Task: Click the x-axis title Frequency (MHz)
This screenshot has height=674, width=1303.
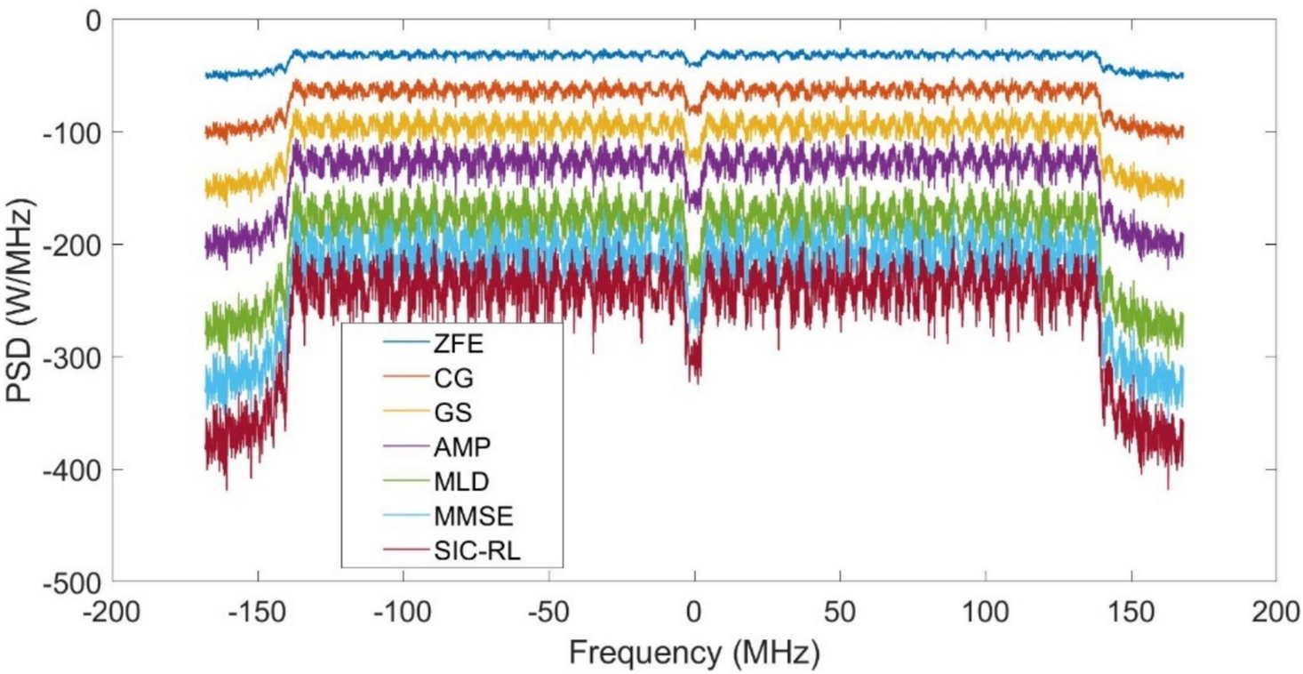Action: (x=694, y=654)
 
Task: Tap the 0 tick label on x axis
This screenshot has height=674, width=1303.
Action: (x=694, y=614)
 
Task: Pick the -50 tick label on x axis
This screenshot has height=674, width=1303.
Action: (x=548, y=614)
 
